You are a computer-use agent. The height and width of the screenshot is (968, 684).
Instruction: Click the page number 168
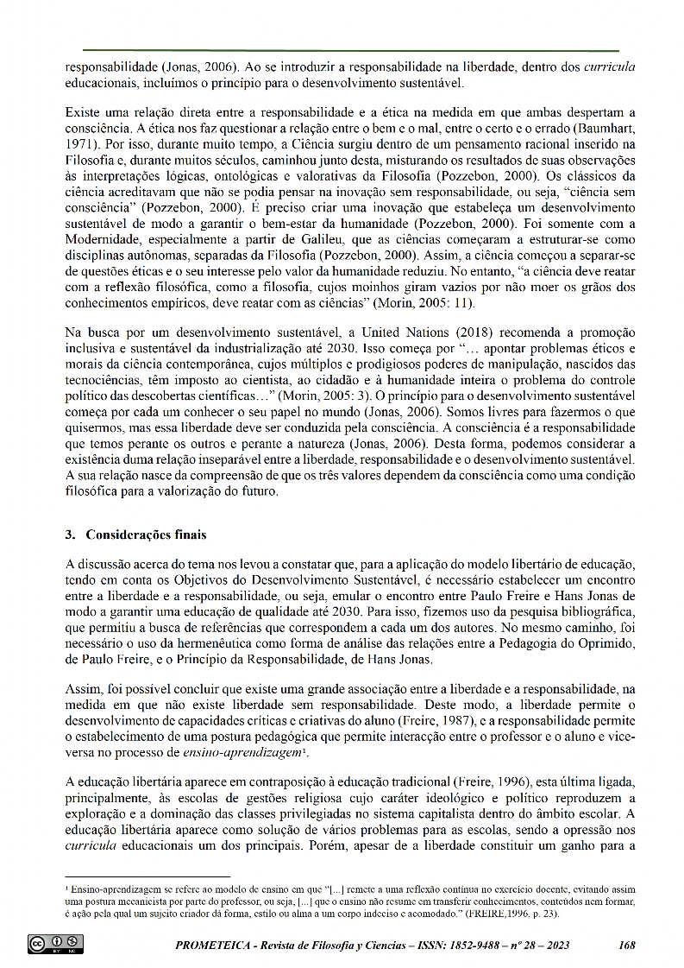627,946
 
